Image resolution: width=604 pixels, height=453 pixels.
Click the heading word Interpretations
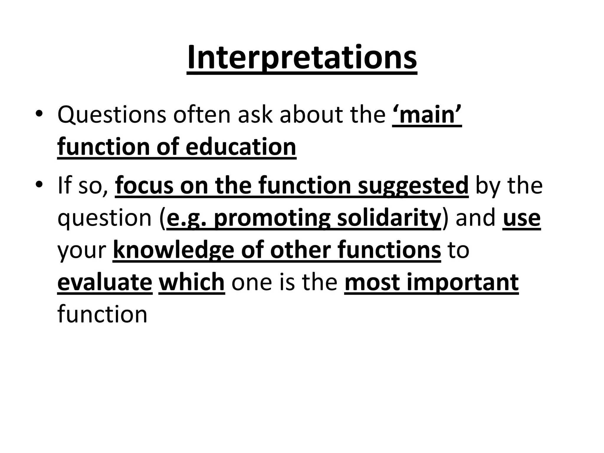302,58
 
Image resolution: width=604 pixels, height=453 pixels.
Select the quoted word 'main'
427,115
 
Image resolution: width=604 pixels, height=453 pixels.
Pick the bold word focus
144,186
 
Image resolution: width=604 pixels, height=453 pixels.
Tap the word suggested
413,186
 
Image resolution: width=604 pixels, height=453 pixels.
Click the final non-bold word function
102,314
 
